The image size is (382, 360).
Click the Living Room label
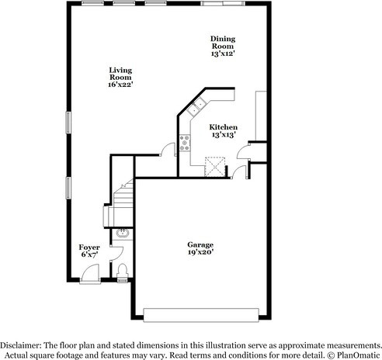[120, 73]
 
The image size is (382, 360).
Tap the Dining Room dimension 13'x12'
[223, 54]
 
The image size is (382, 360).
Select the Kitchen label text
[223, 126]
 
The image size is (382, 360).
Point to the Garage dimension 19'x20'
[200, 251]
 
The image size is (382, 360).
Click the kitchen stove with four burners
[185, 140]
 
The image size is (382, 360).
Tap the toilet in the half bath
[123, 271]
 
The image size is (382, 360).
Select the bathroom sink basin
[122, 233]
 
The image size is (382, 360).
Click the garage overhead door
[202, 314]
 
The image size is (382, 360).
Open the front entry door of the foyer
[91, 272]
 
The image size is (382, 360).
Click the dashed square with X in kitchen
[214, 165]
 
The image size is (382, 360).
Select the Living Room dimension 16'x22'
[120, 85]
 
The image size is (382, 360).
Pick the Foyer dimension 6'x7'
[90, 254]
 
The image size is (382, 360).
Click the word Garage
[200, 244]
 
